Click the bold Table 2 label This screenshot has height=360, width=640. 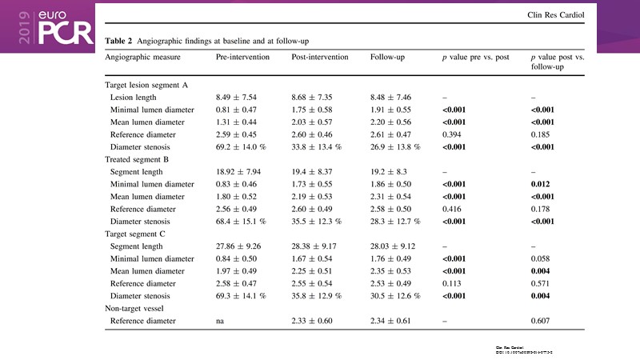(x=119, y=40)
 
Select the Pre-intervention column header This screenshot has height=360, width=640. (x=242, y=58)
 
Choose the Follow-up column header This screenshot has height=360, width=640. (x=390, y=58)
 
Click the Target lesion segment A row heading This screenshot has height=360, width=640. (x=146, y=85)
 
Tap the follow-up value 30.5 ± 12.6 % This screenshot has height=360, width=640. (x=395, y=296)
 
